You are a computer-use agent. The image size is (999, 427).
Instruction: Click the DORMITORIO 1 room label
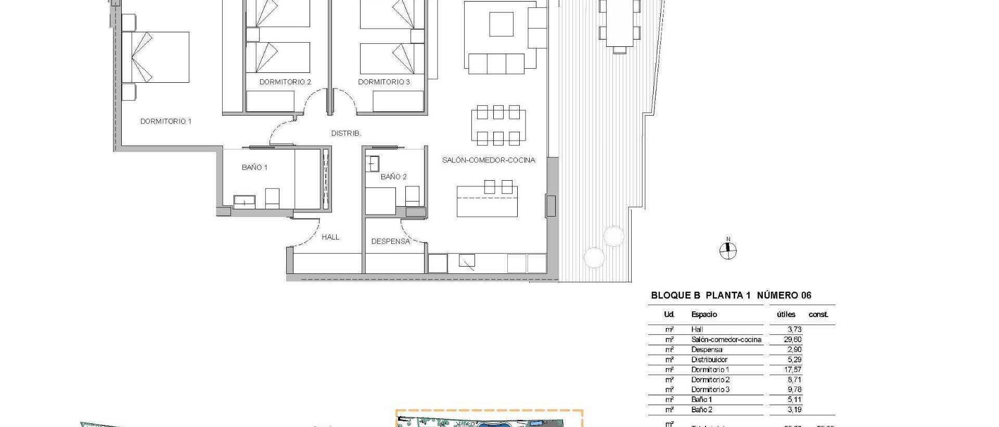coord(165,121)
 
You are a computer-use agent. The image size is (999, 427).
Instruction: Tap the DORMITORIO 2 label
coord(285,82)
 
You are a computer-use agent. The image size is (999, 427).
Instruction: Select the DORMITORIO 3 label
coord(384,82)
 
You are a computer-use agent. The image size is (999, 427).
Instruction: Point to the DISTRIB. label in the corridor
coord(346,133)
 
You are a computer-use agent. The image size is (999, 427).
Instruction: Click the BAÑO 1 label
coord(254,167)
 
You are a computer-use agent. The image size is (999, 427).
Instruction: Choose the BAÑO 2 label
coord(393,177)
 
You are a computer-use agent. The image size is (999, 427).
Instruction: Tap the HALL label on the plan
coord(330,237)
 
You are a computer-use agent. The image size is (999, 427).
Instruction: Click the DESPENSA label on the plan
coord(390,241)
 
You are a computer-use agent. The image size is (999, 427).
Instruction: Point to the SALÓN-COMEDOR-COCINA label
coord(489,160)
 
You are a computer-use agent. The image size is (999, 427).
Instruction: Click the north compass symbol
coord(728,251)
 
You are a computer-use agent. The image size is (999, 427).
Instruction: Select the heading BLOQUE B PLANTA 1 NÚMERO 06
coord(731,295)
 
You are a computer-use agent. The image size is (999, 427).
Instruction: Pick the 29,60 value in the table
coord(793,340)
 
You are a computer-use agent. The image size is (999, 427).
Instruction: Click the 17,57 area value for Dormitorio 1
coord(793,370)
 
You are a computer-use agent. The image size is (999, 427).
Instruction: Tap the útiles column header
coord(786,315)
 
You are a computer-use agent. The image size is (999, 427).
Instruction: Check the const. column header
coord(818,315)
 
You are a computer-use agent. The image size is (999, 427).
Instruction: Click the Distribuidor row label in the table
coord(709,360)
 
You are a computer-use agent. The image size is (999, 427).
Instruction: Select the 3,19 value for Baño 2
coord(795,410)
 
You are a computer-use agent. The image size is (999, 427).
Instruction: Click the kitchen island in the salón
coord(487,202)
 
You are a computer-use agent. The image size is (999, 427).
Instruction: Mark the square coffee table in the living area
coord(501,24)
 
